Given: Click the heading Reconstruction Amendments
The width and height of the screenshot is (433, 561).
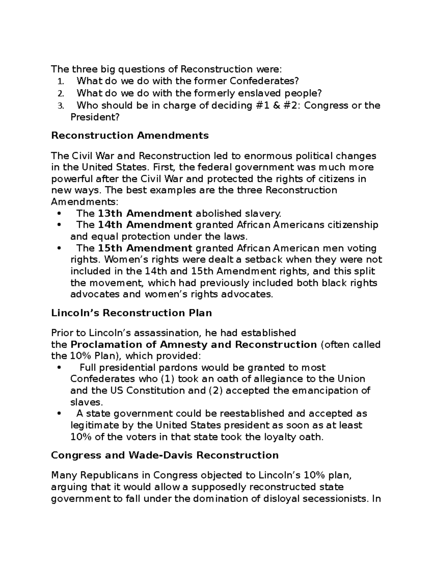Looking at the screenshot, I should [x=130, y=135].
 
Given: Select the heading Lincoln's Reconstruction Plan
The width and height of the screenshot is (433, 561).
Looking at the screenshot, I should [x=131, y=313].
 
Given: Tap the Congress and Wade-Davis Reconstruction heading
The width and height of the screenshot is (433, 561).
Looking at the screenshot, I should [x=165, y=455].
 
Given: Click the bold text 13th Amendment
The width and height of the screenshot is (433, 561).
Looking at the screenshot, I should [x=145, y=213].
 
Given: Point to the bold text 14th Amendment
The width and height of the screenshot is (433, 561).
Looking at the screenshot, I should [x=145, y=225].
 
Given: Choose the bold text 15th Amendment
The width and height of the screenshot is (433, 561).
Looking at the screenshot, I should [x=145, y=248].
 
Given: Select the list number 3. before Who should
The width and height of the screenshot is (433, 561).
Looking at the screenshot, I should [x=61, y=106].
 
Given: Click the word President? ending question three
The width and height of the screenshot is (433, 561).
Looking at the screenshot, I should [x=95, y=117].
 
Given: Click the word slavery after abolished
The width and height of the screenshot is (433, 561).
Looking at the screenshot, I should [x=263, y=214].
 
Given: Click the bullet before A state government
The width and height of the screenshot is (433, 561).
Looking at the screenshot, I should [x=60, y=414].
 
